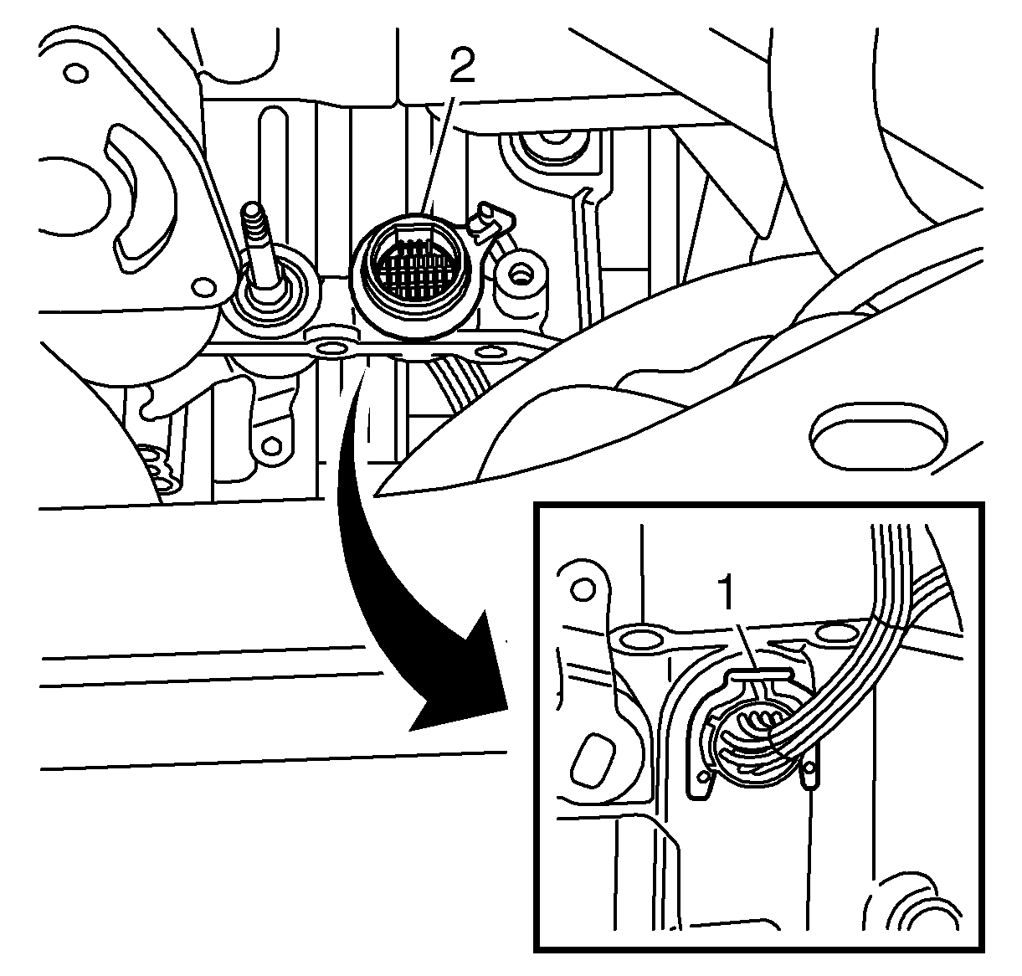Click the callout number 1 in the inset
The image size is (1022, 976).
(727, 592)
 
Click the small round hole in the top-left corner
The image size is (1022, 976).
(75, 73)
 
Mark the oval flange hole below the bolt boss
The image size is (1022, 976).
(491, 351)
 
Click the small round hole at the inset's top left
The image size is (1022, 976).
(583, 589)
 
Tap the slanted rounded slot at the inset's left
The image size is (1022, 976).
(593, 759)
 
